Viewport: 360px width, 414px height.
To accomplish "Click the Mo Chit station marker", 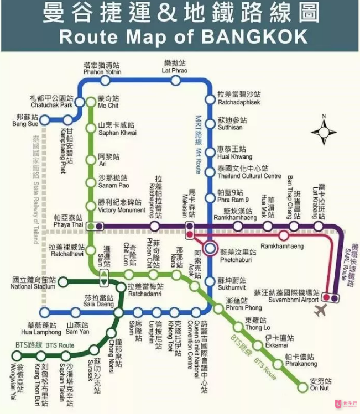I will pos(92,102).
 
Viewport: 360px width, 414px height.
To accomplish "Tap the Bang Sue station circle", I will pos(45,120).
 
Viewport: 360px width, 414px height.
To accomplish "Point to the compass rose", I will pos(324,132).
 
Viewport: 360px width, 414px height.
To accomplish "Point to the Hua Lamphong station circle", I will pos(46,312).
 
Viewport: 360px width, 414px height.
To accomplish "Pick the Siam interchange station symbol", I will pos(104,275).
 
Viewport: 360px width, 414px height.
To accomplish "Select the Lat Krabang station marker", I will pos(319,226).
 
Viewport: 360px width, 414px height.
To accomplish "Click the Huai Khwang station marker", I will pos(210,153).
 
